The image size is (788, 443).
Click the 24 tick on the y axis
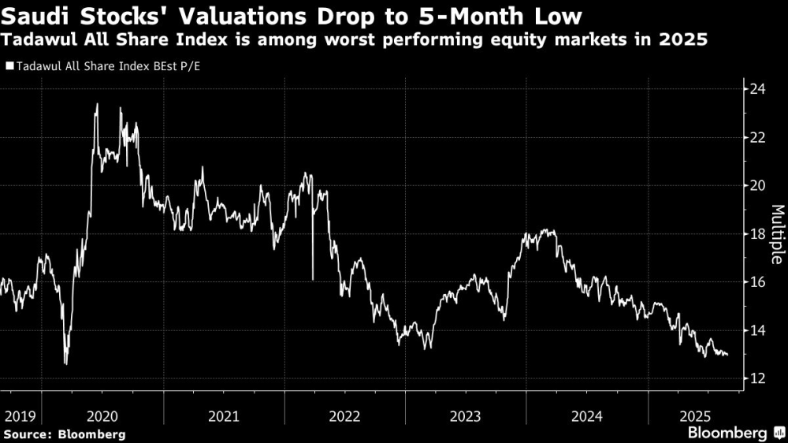point(758,89)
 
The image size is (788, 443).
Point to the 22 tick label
point(758,137)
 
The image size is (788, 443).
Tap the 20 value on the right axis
point(758,186)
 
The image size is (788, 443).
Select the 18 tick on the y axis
point(758,234)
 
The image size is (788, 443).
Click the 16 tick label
point(758,282)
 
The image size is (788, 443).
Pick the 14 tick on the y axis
point(758,330)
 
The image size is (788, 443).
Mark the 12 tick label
point(758,379)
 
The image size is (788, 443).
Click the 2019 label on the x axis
point(19,415)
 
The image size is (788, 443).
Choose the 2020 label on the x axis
point(102,415)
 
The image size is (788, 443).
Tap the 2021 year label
point(224,415)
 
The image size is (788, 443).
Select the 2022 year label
point(345,415)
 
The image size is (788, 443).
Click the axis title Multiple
point(776,234)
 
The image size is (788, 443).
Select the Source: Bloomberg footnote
point(64,434)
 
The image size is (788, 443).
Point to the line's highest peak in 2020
point(97,104)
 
